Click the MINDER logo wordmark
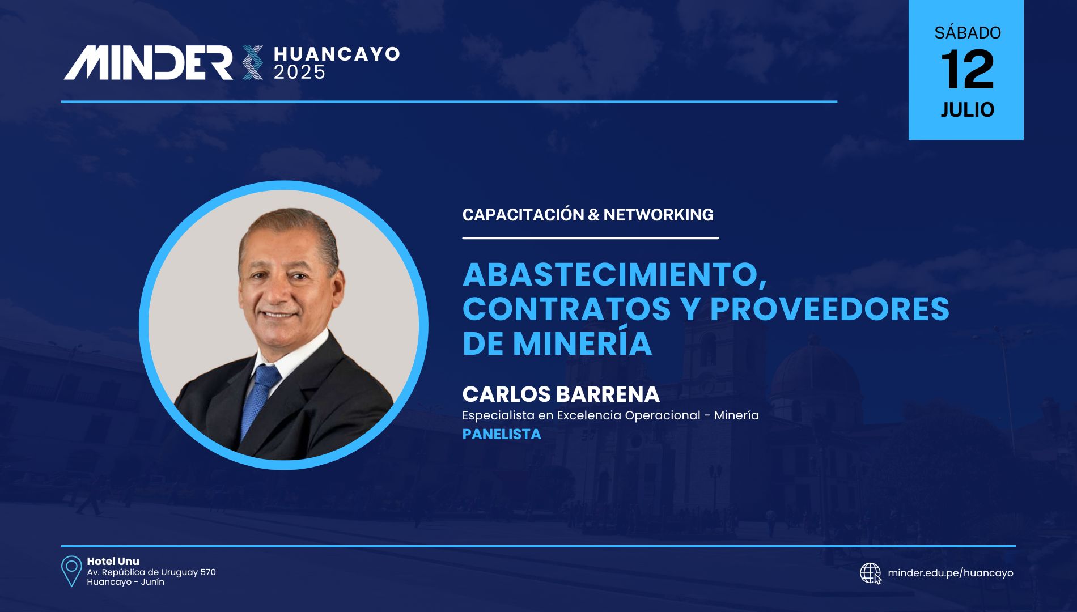click(148, 62)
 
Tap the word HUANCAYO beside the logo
click(337, 54)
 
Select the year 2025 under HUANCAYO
click(300, 72)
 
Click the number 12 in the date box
click(967, 70)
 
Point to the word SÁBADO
click(967, 32)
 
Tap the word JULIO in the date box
click(967, 109)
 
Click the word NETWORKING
click(658, 215)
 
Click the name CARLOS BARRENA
click(561, 394)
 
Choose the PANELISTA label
click(502, 434)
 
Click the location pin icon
click(71, 571)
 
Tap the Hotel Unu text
click(113, 561)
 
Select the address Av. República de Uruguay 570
click(151, 572)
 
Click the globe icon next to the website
click(871, 573)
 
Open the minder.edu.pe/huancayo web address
click(951, 573)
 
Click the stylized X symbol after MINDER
click(252, 62)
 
